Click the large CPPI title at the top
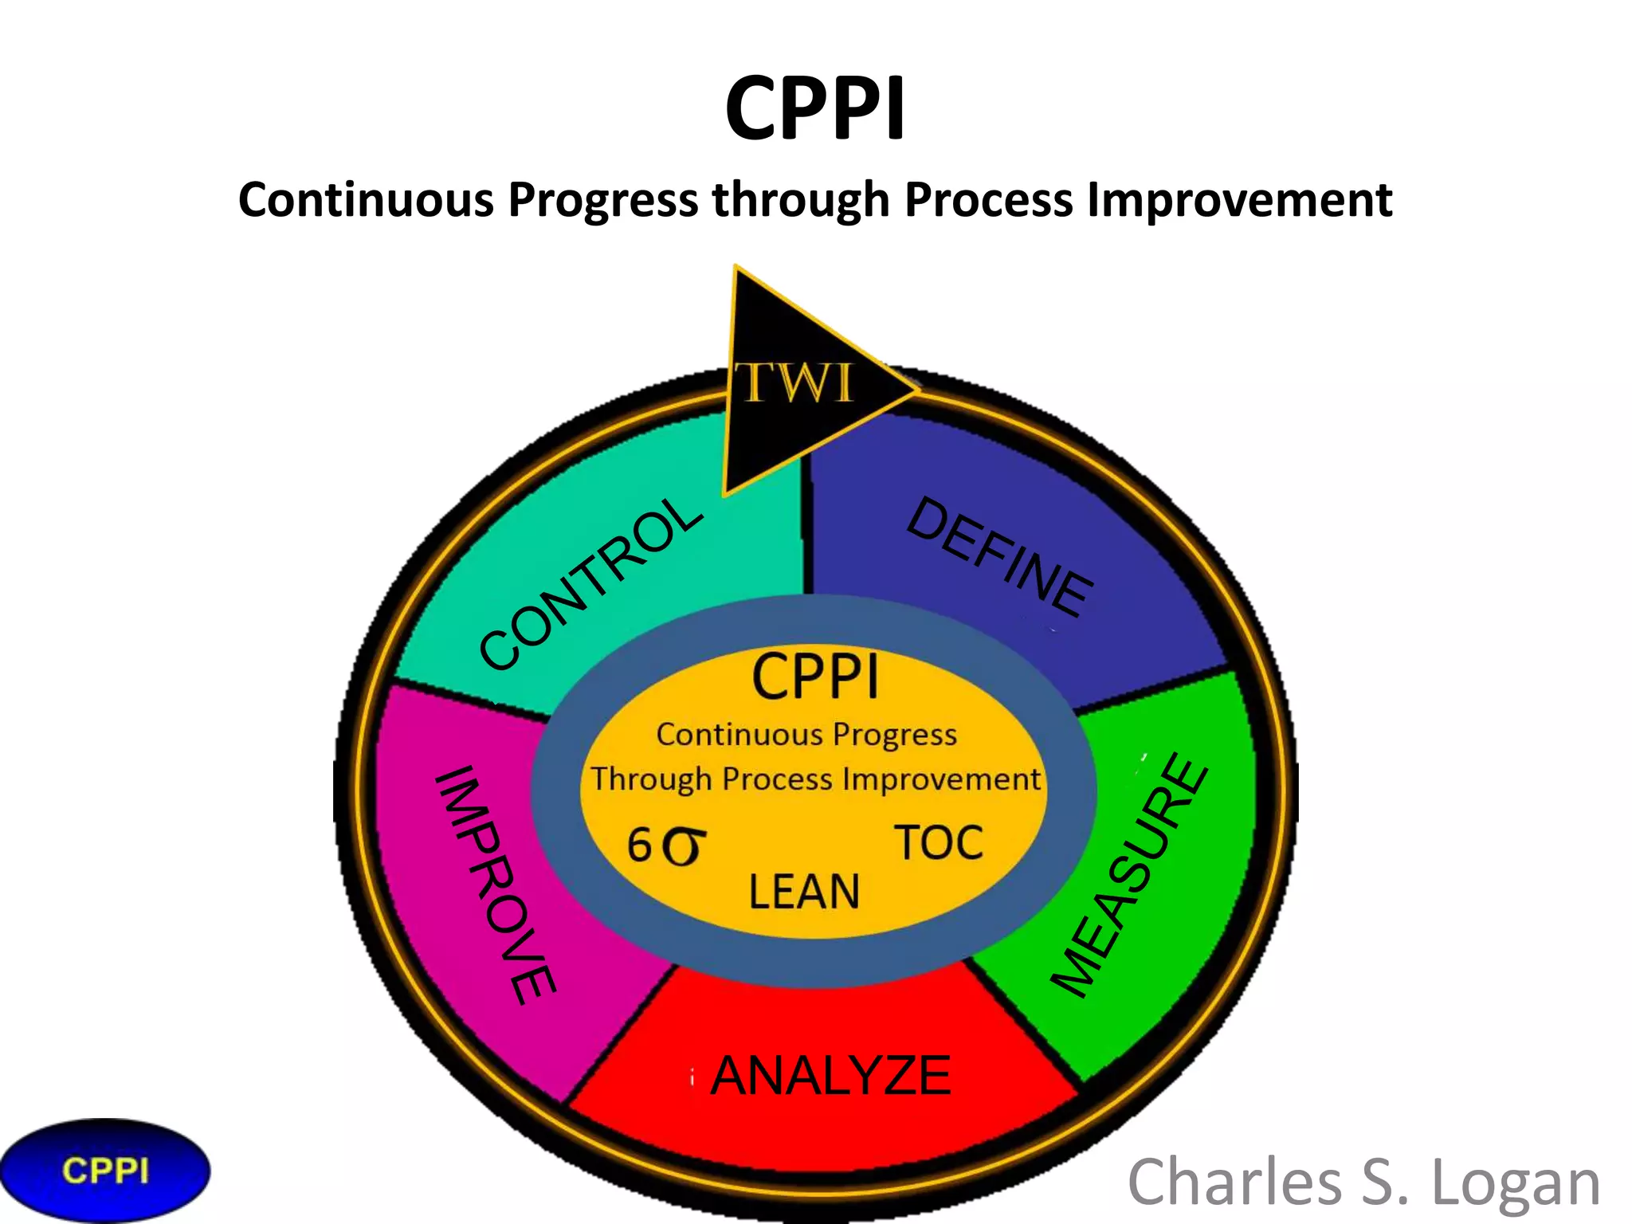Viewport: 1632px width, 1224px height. (815, 108)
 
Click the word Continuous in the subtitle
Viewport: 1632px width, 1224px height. (366, 199)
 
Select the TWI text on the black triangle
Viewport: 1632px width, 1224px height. (794, 383)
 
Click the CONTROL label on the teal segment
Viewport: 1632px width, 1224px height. (590, 583)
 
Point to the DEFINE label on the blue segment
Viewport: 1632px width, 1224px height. (1001, 557)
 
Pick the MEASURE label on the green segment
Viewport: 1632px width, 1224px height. (1129, 874)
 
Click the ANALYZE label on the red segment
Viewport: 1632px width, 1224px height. (830, 1076)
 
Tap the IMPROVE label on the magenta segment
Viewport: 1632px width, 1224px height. (495, 885)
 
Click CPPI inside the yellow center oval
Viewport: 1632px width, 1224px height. (814, 678)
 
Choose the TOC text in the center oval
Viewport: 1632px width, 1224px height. (939, 843)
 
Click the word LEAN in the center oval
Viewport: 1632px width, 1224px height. (804, 892)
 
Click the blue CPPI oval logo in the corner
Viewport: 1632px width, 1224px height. (105, 1171)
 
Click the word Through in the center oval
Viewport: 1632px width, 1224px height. (651, 779)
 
